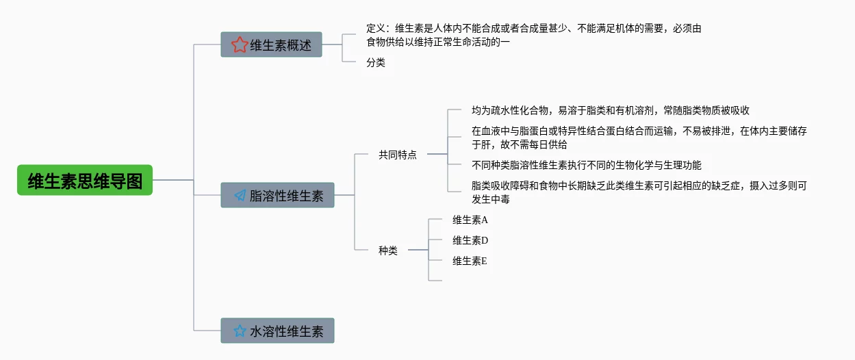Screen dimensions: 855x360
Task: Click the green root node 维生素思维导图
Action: pos(85,180)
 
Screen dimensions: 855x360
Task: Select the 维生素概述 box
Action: pos(271,44)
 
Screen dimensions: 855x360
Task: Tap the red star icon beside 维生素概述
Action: pos(240,44)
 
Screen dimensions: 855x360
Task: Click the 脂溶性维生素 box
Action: pos(277,195)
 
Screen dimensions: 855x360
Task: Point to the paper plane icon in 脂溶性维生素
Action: pos(240,196)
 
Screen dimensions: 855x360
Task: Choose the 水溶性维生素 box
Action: pos(277,331)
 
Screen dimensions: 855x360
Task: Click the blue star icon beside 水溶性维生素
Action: pos(240,331)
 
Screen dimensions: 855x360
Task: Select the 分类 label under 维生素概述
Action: pos(376,62)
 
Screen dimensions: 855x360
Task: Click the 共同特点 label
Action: pos(397,155)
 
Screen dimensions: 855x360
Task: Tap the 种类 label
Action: pos(388,250)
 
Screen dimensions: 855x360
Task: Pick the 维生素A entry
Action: pos(470,220)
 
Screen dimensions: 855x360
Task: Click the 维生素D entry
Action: pos(470,240)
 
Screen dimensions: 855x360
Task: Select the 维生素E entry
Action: pos(470,261)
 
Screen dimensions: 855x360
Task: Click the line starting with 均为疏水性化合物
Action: pos(611,110)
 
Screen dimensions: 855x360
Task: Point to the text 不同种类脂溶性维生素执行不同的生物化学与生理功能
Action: pos(586,165)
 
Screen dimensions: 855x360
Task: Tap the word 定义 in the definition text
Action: pos(376,28)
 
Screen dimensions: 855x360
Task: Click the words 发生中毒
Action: pos(491,199)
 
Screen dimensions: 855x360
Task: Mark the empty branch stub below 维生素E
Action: pos(435,281)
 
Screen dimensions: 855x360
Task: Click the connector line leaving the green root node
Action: pos(173,180)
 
